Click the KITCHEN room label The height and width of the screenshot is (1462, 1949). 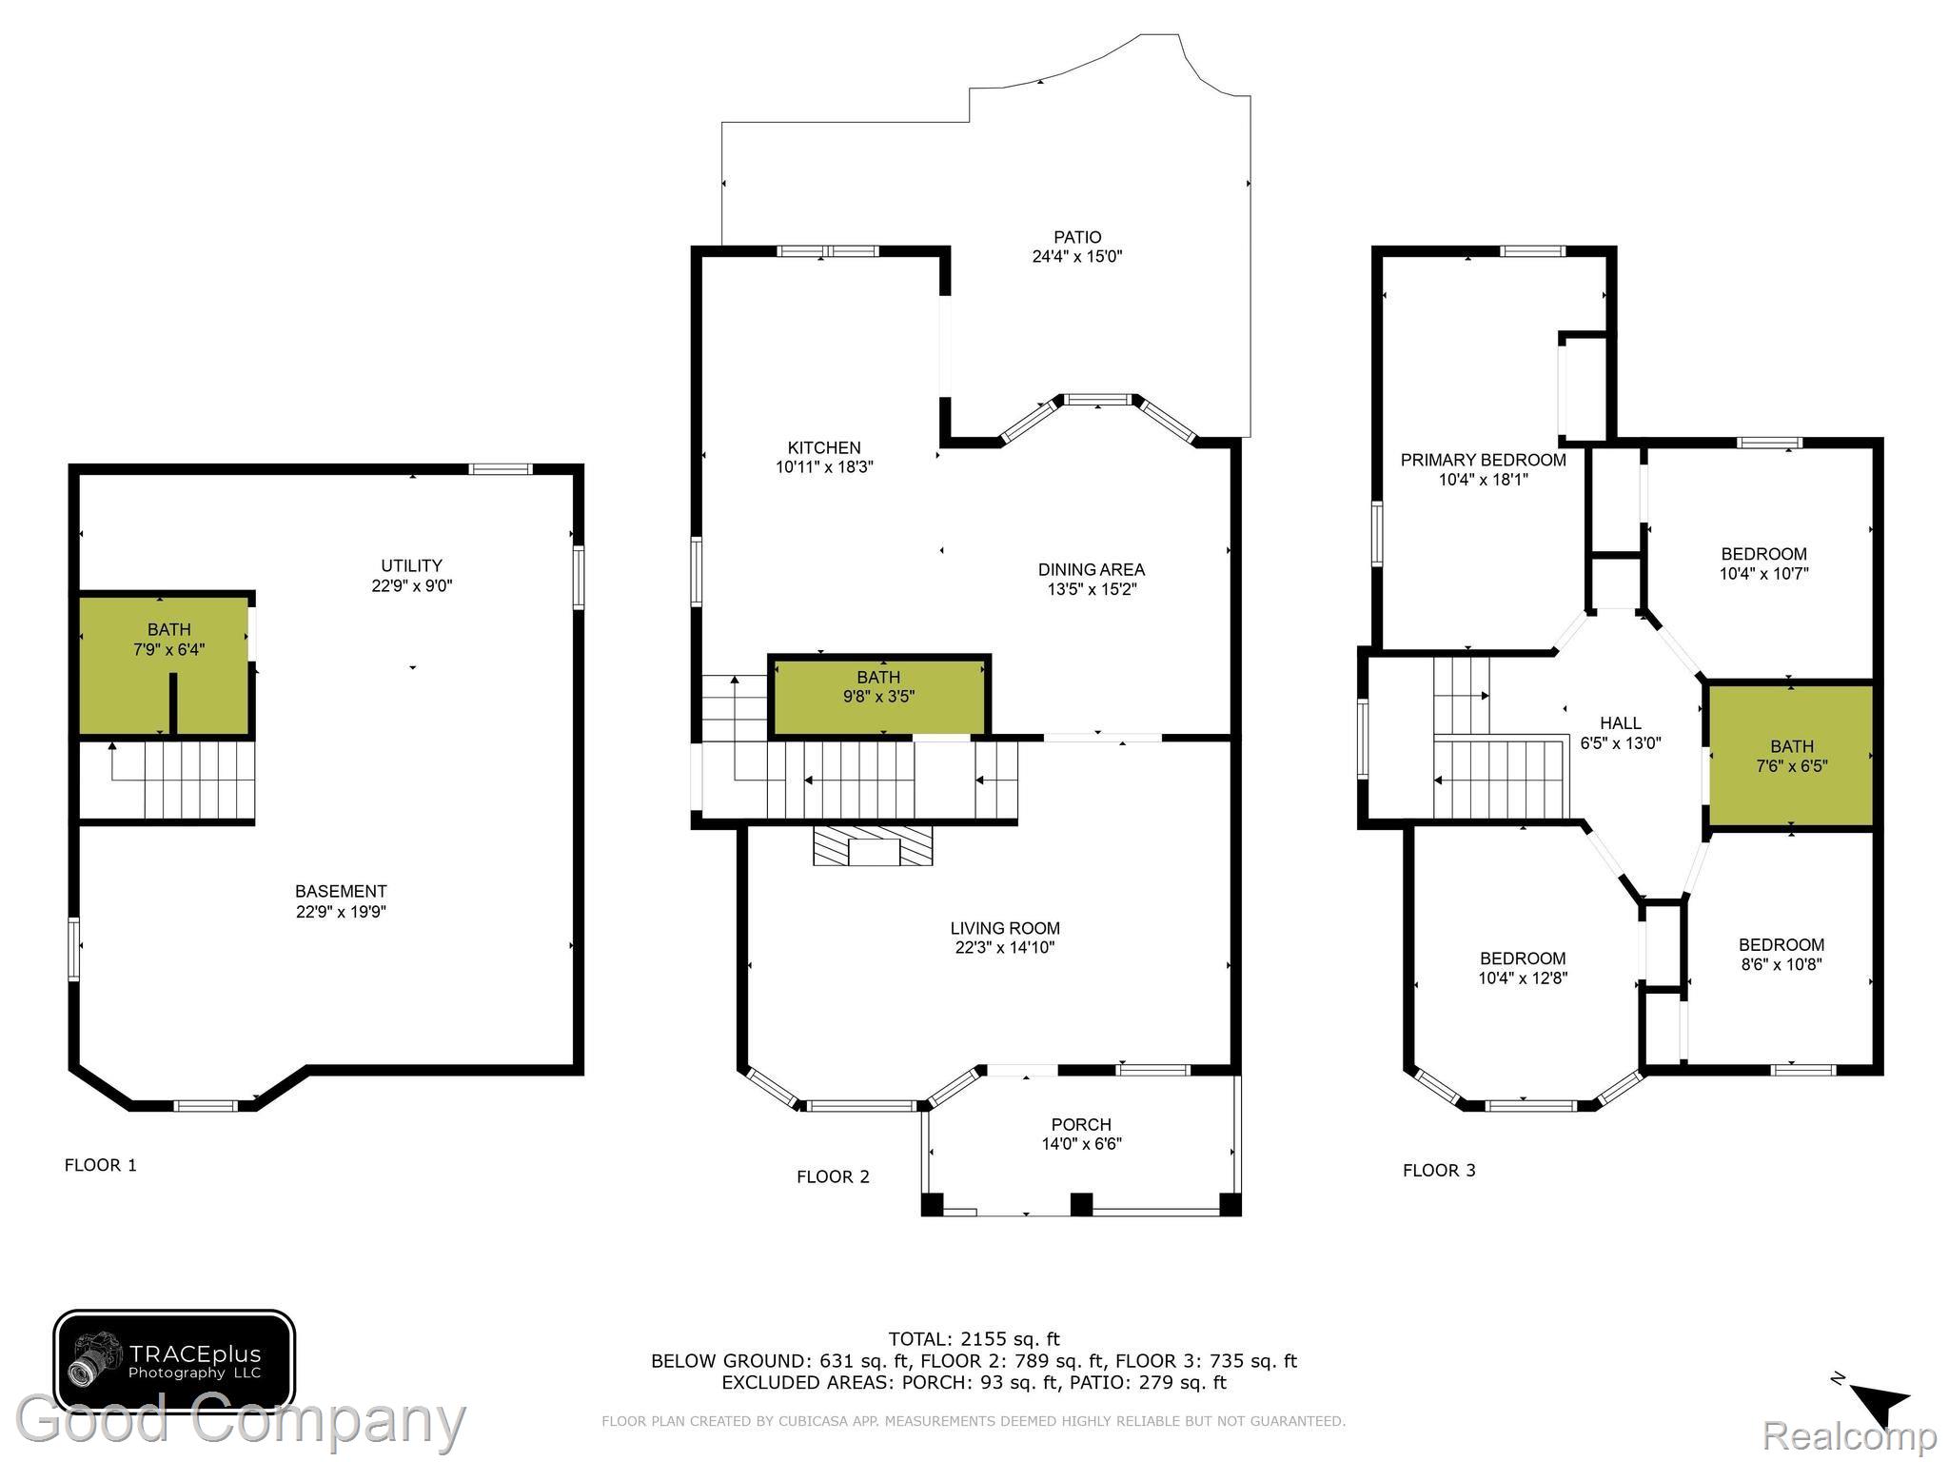[824, 447]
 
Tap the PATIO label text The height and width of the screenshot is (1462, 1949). [1077, 237]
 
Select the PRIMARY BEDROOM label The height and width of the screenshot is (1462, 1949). [1483, 460]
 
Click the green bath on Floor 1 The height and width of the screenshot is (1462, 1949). [165, 664]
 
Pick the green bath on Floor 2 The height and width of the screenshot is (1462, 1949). [879, 696]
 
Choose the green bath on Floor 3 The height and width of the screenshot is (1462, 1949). [1791, 755]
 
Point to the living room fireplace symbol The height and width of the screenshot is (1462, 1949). [873, 845]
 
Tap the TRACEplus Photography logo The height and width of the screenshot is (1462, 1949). [173, 1361]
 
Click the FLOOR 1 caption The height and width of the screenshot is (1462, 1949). [101, 1165]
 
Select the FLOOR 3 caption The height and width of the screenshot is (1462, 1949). [1439, 1170]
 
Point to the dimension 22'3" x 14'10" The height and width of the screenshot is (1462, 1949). [1005, 947]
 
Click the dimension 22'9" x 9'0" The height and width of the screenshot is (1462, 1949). [412, 585]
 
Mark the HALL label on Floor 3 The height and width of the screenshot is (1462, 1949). [1621, 723]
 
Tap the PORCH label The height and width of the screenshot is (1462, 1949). [1081, 1124]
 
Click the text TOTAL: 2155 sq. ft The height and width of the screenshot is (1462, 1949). [974, 1340]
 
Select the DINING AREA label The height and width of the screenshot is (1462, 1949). [1091, 569]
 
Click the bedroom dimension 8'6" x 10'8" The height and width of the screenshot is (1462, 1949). [1781, 963]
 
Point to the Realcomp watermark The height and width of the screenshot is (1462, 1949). [1849, 1434]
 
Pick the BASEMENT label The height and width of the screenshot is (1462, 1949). [341, 891]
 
